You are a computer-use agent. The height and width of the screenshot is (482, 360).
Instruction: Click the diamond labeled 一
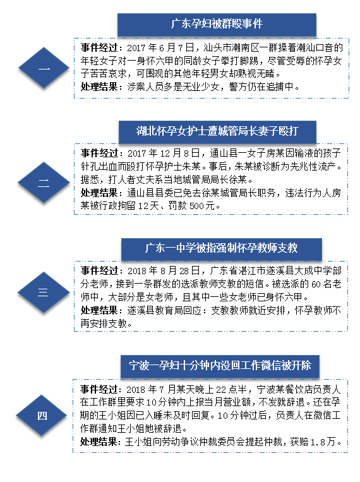coord(44,68)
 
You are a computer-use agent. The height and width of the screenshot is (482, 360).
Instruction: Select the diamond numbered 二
coord(44,183)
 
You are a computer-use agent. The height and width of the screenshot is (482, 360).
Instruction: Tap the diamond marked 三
coord(44,292)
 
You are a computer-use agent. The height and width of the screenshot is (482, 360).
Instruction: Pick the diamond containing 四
coord(42,416)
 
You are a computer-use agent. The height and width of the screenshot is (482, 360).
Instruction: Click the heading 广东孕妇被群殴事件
coord(217,24)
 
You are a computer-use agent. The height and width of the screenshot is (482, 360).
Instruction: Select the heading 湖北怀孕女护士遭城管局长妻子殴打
coord(217,131)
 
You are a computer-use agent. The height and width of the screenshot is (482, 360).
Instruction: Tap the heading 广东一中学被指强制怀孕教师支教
coord(221,248)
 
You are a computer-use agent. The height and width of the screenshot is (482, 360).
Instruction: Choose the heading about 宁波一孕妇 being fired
coord(220,365)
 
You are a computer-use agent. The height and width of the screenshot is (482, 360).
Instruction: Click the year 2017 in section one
coord(136,48)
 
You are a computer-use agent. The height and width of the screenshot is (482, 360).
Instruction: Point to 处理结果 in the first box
coord(99,87)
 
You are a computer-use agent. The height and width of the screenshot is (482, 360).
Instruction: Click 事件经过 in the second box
coord(99,153)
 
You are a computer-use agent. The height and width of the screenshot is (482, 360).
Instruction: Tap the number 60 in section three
coord(316,284)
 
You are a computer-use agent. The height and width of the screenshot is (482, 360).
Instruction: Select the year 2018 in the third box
coord(137,271)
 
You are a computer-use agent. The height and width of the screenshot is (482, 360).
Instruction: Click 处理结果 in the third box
coord(99,310)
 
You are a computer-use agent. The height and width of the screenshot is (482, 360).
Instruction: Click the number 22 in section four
coord(220,390)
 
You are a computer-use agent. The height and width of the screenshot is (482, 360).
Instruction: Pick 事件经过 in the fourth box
coord(99,390)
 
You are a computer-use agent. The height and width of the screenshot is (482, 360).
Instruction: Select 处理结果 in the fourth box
coord(99,442)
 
